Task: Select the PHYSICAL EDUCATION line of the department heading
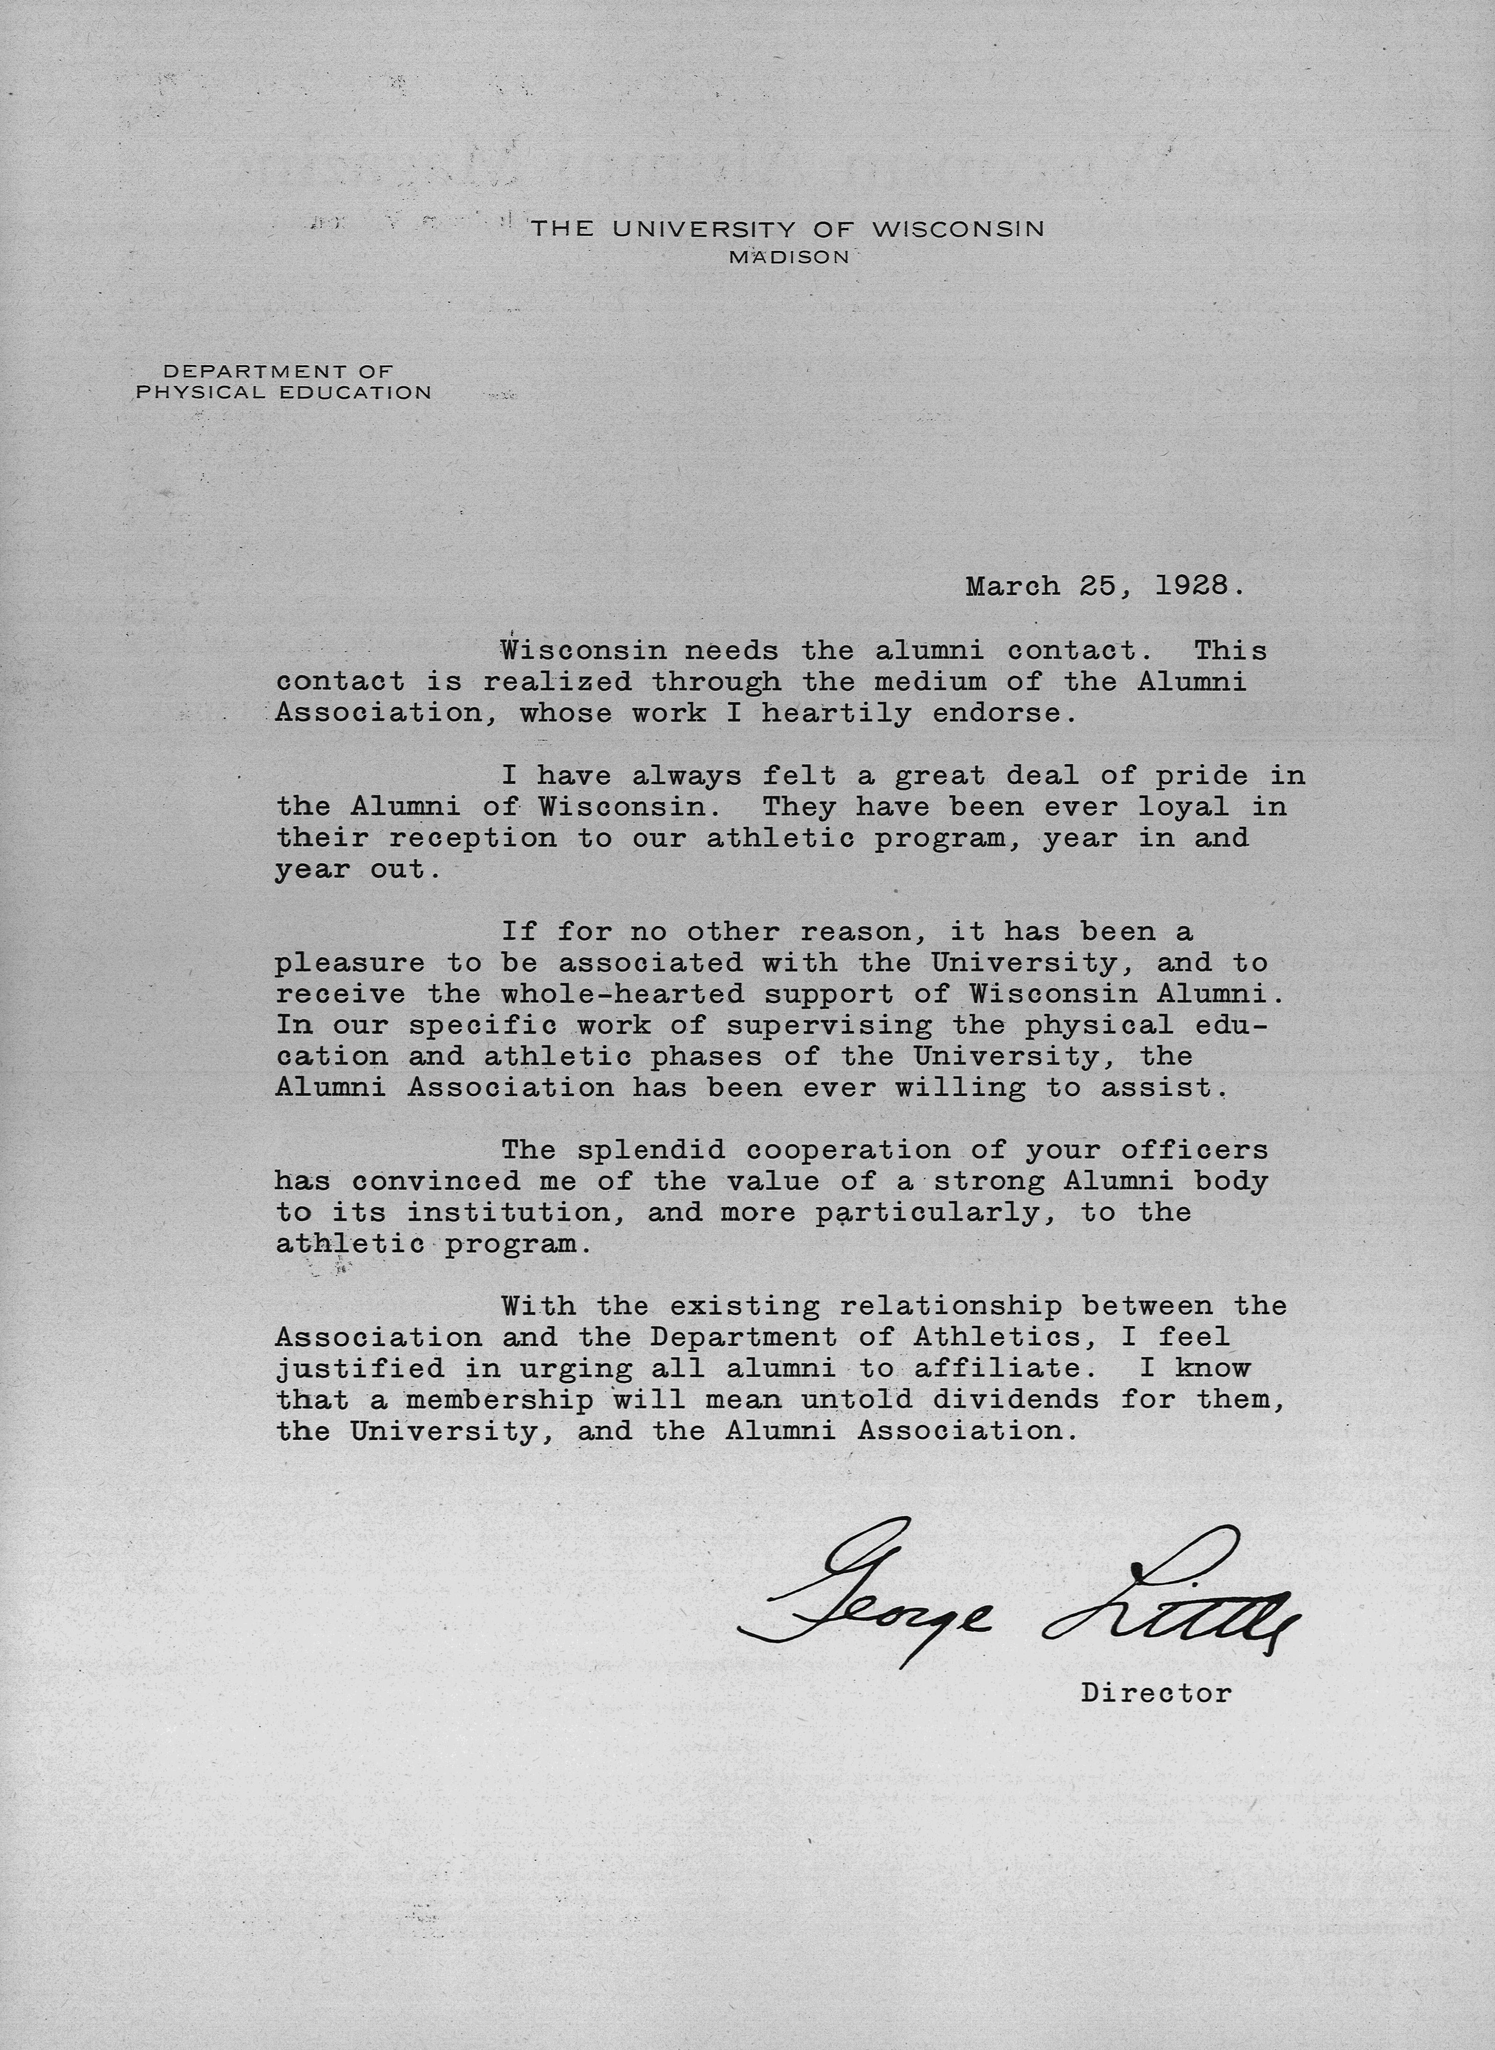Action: (x=283, y=393)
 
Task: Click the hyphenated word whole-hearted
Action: (x=623, y=994)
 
